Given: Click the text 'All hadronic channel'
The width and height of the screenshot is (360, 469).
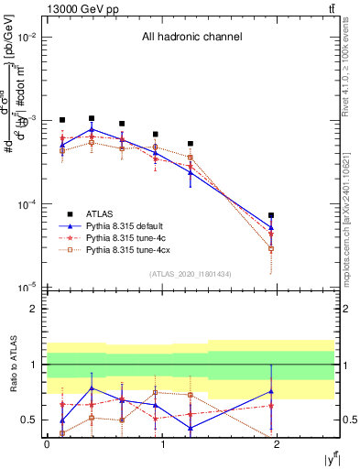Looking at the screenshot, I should [191, 38].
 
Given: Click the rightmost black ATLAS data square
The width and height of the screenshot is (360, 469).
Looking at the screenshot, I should [271, 215].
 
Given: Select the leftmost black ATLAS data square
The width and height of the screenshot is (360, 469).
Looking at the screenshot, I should [62, 120].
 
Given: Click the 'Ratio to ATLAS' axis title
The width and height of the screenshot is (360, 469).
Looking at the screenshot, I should [10, 365].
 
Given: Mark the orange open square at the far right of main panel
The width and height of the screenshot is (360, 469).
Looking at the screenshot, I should [271, 248].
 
